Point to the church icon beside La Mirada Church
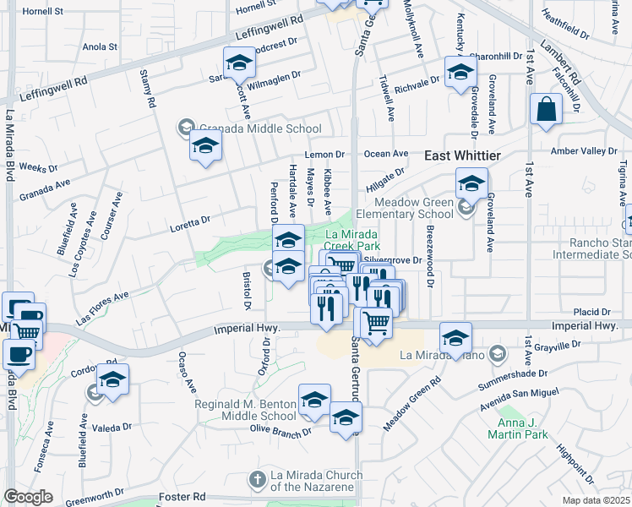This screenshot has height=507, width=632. [x=258, y=480]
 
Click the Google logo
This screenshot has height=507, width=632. [x=28, y=497]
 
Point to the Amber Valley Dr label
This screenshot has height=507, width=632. [x=584, y=150]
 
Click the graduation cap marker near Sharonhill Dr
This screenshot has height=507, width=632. [x=460, y=71]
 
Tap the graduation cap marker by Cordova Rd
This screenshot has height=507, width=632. [x=112, y=379]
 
